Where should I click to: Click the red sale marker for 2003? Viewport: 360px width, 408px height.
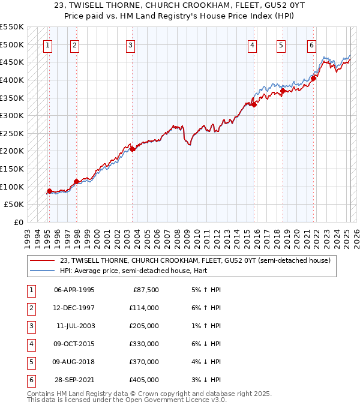(x=132, y=149)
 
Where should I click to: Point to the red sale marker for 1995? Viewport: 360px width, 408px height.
(x=49, y=191)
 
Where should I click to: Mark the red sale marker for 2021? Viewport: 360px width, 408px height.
(x=313, y=78)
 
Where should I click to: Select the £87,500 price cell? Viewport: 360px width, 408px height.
(x=145, y=290)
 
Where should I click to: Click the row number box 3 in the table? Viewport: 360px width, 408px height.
(x=31, y=326)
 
